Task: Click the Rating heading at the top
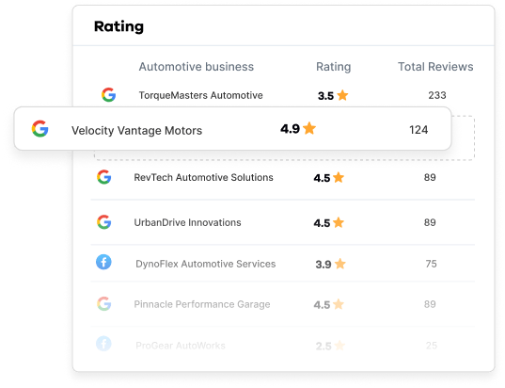pyautogui.click(x=118, y=26)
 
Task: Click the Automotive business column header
pyautogui.click(x=196, y=67)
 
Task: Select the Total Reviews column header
pyautogui.click(x=435, y=67)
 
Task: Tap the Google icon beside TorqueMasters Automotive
pyautogui.click(x=108, y=95)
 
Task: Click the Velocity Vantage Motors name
pyautogui.click(x=136, y=129)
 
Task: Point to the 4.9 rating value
pyautogui.click(x=290, y=128)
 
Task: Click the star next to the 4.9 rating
pyautogui.click(x=309, y=128)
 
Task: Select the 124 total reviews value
pyautogui.click(x=418, y=129)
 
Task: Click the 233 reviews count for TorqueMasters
pyautogui.click(x=436, y=95)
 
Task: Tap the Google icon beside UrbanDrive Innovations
pyautogui.click(x=103, y=222)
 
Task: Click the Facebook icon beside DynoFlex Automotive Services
pyautogui.click(x=103, y=263)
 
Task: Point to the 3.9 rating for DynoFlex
pyautogui.click(x=323, y=264)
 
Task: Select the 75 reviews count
pyautogui.click(x=431, y=264)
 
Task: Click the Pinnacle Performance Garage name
pyautogui.click(x=202, y=304)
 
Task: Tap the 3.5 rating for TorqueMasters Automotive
pyautogui.click(x=326, y=95)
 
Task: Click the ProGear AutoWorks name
pyautogui.click(x=181, y=346)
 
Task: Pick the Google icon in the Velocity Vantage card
pyautogui.click(x=39, y=129)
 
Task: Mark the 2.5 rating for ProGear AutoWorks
pyautogui.click(x=323, y=346)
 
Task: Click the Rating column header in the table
pyautogui.click(x=333, y=67)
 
